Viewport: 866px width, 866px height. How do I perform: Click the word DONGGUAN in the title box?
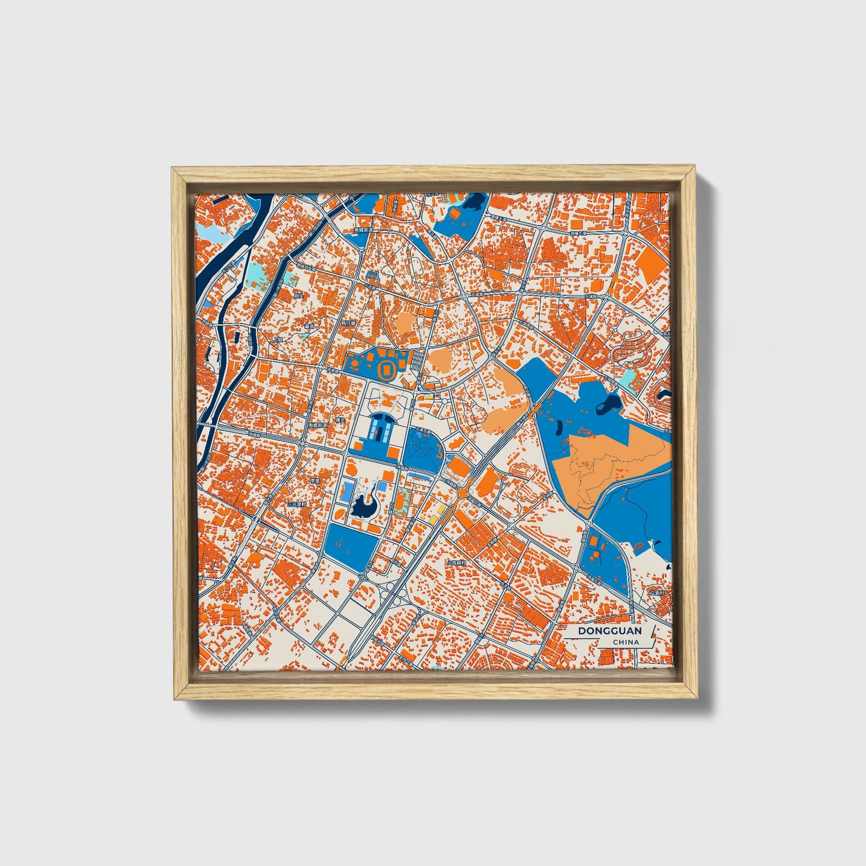[x=609, y=631]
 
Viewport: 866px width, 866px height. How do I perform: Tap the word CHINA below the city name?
[x=626, y=642]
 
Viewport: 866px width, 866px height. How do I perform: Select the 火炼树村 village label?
[x=457, y=563]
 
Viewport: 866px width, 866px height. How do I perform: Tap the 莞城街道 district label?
[x=363, y=230]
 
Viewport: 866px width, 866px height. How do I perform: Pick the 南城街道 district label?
[x=317, y=424]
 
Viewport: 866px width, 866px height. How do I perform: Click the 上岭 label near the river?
[x=277, y=339]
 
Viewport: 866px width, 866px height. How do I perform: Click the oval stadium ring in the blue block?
[x=387, y=369]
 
